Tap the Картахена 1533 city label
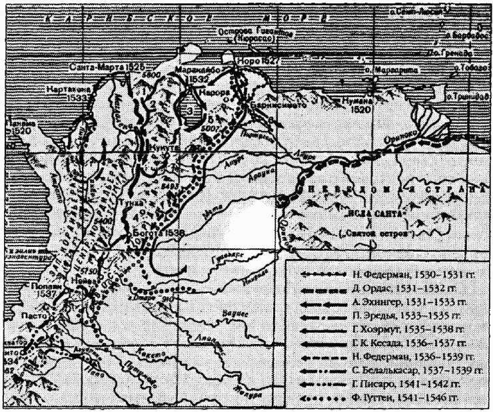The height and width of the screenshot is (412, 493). click(67, 93)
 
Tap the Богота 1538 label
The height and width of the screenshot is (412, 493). click(159, 232)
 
